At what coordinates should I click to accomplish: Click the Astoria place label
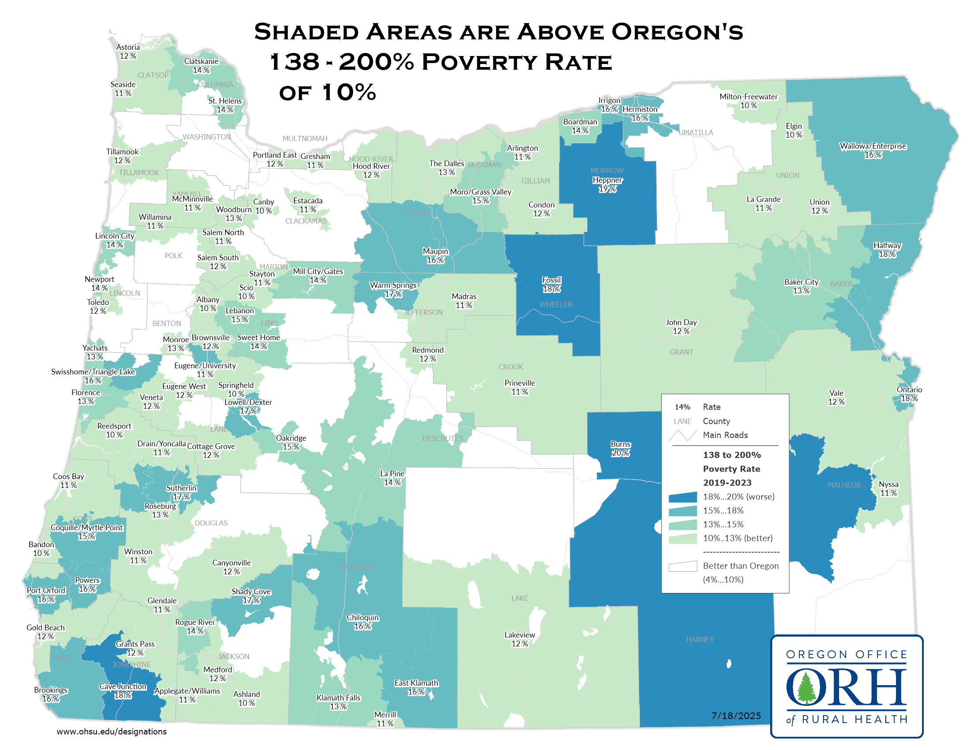click(x=128, y=48)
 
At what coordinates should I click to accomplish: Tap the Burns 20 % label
click(x=620, y=449)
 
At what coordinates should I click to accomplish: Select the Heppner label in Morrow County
click(x=607, y=180)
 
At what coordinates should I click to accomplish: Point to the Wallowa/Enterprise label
click(x=872, y=146)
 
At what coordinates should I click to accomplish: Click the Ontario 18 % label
click(x=909, y=394)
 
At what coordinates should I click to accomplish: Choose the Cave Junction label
click(x=123, y=687)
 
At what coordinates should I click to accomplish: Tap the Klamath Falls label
click(x=339, y=698)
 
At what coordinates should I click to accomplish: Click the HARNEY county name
click(x=700, y=639)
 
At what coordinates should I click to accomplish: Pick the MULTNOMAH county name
click(x=305, y=139)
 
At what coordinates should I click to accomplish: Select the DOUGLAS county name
click(x=211, y=523)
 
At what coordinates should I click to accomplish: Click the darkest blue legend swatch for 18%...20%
click(x=682, y=497)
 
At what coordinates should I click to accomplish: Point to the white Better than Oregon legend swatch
click(x=682, y=566)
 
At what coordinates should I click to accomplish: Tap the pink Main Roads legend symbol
click(x=682, y=435)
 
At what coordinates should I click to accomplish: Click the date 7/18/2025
click(x=736, y=716)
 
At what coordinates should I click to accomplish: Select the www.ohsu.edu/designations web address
click(x=112, y=731)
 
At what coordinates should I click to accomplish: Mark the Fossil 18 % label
click(x=551, y=285)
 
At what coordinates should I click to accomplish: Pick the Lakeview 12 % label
click(x=519, y=639)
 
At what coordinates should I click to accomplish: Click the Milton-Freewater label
click(x=748, y=97)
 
